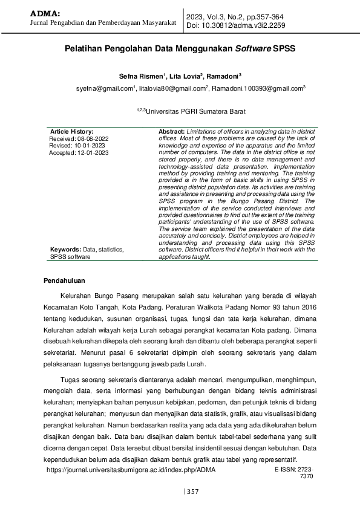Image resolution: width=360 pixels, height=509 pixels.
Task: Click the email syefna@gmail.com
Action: (x=104, y=88)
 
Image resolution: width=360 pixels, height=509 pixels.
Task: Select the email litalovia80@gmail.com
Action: (x=172, y=88)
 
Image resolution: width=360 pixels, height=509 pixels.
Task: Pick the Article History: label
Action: (x=71, y=131)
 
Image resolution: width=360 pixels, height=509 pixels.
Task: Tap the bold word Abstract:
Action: (x=171, y=131)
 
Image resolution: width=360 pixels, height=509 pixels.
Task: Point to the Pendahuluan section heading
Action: (x=65, y=280)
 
